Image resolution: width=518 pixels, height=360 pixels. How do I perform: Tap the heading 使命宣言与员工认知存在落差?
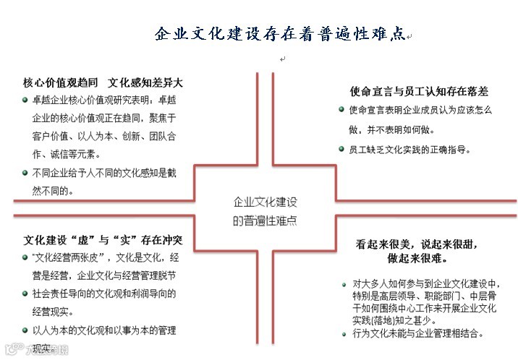(x=419, y=92)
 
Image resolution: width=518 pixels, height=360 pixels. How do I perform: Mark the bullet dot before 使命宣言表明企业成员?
(x=341, y=110)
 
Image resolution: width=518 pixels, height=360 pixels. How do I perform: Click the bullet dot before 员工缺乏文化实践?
(x=341, y=149)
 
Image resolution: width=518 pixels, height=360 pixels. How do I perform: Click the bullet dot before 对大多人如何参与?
(x=344, y=283)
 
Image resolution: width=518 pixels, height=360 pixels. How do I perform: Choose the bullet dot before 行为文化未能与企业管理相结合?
(x=344, y=333)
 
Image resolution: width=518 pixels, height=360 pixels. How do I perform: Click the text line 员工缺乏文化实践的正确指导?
(x=409, y=149)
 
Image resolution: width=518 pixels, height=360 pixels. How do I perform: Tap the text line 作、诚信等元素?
(x=66, y=154)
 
